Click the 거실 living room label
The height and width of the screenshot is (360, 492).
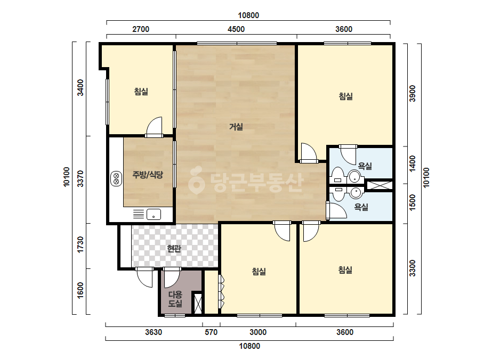coord(236,127)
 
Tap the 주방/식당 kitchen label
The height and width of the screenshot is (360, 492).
coord(148,175)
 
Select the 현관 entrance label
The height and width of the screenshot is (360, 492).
coord(174,249)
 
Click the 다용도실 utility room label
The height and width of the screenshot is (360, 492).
coord(175,299)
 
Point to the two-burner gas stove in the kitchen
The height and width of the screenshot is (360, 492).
coord(116,178)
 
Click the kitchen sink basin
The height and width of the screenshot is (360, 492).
coord(154,215)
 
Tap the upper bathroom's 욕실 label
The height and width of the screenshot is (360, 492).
coord(365,166)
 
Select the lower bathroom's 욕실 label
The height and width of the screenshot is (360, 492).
coord(361,207)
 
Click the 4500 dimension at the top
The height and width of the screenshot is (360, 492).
coord(236,29)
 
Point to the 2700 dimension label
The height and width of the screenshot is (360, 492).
coord(141,29)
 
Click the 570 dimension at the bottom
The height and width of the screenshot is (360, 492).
coord(211,332)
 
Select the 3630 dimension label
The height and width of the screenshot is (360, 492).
coord(154,332)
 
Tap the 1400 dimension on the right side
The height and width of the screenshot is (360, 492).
coord(412,163)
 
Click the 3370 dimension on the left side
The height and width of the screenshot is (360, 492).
coord(80,178)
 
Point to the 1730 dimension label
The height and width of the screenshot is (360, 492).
coord(80,244)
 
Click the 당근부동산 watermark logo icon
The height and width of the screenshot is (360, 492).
coord(197,180)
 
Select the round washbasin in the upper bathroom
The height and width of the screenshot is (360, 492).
coord(354,177)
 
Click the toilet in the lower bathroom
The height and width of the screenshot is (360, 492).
coord(338,194)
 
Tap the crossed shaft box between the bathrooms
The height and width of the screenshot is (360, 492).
coord(380,185)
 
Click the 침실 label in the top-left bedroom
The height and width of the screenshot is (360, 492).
coord(141,92)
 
